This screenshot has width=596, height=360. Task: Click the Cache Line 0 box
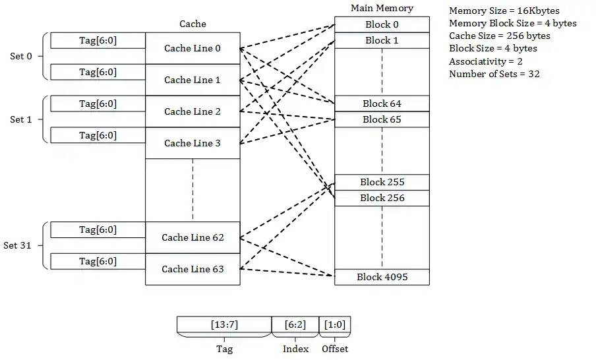tap(193, 48)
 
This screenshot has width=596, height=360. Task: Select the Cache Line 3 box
tap(193, 143)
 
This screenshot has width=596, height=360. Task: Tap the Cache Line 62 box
tap(193, 237)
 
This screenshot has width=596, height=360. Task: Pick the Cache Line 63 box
tap(193, 269)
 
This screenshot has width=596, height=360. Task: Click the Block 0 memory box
tap(382, 24)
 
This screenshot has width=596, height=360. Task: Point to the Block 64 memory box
tap(382, 104)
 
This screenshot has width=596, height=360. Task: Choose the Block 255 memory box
tap(382, 182)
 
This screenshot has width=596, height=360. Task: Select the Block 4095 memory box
tap(382, 277)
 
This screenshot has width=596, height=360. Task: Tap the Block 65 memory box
tap(382, 119)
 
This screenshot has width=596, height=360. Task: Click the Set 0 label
tap(21, 56)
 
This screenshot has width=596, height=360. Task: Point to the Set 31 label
tap(18, 245)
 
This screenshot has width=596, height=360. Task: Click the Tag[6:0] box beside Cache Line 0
tap(98, 40)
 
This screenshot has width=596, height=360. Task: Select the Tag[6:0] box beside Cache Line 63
tap(98, 261)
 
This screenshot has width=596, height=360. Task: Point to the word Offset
tap(335, 349)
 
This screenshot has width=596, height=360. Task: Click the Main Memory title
tap(382, 9)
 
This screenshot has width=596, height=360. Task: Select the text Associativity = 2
tap(486, 61)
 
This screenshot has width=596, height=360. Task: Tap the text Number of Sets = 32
tap(494, 74)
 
